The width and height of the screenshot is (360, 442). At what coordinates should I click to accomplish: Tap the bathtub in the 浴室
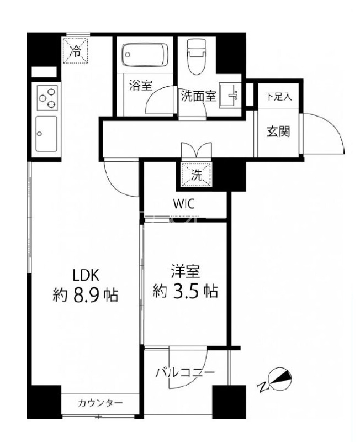point(144,55)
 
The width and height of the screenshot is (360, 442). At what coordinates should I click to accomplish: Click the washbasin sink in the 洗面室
point(229,95)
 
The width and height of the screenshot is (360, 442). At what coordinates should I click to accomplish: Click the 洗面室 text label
point(198,95)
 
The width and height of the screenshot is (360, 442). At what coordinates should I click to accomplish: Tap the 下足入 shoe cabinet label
point(279,96)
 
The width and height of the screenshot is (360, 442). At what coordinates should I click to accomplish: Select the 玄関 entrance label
point(279,132)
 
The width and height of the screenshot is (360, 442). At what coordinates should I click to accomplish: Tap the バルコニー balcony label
point(184,371)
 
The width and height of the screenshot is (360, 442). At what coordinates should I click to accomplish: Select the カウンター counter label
point(100,402)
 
